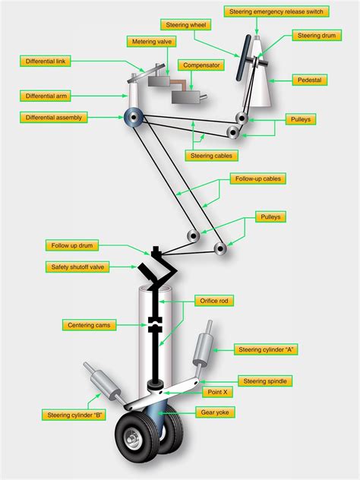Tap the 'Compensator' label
pos(201,65)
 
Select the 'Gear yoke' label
pos(217,412)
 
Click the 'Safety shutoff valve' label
pos(77,267)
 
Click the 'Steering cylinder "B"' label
pos(73,415)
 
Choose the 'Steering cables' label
pos(212,155)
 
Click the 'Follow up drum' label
pos(74,246)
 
